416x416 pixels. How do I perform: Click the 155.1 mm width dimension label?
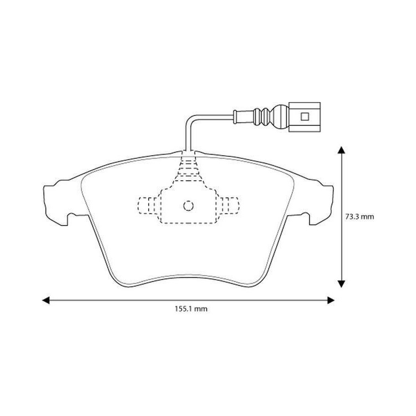[191, 309]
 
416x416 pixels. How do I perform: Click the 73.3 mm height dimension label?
[359, 217]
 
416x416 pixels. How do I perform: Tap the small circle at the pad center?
[189, 206]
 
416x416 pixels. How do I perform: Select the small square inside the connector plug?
[305, 116]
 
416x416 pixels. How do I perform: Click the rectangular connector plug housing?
[305, 116]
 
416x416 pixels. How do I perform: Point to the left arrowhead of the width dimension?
[46, 300]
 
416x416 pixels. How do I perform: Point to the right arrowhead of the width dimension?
[331, 300]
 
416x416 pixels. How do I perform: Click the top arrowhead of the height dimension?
[342, 150]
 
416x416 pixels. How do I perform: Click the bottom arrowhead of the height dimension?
[342, 284]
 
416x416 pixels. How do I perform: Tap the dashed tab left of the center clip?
[148, 205]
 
